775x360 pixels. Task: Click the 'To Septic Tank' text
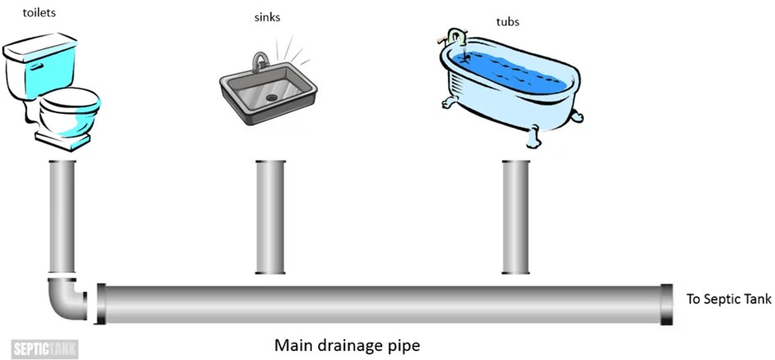point(728,300)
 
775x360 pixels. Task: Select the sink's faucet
point(260,62)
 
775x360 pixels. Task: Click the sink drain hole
point(271,96)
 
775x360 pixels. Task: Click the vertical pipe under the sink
point(270,216)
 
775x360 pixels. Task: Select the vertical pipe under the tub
point(516,216)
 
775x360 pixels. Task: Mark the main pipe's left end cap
point(102,303)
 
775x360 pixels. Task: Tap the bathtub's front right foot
point(536,134)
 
